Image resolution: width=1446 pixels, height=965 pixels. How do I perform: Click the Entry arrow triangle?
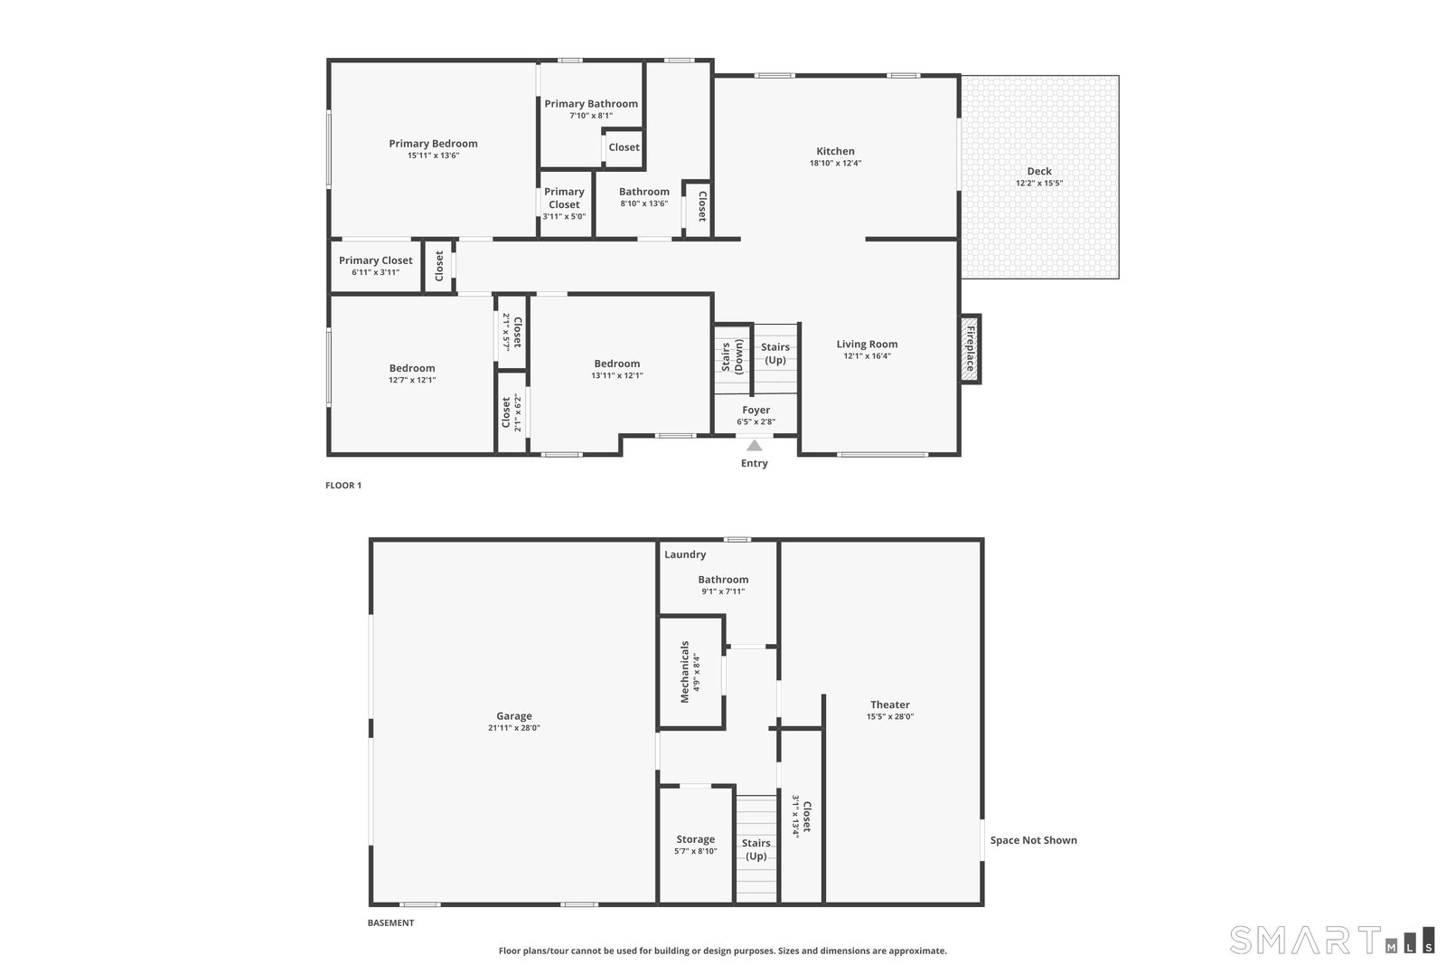point(754,446)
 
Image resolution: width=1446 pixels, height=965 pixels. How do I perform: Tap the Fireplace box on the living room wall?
point(970,349)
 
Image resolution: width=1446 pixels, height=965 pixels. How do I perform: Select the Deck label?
point(1039,171)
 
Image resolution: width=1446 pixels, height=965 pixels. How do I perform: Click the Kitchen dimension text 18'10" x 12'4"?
point(835,164)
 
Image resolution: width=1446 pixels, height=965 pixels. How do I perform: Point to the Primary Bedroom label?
point(433,144)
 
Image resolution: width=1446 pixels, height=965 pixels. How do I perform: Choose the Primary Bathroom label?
point(591,103)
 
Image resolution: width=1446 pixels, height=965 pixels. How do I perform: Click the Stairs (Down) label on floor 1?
point(732,357)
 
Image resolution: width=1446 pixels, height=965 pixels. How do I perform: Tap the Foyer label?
point(756,411)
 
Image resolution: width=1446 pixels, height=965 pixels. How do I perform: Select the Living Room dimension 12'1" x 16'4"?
point(867,356)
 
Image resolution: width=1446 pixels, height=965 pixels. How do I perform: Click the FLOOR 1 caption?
point(343,485)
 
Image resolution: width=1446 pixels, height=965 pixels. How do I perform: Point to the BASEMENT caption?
point(390,922)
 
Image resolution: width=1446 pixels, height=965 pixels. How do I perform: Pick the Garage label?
point(514,715)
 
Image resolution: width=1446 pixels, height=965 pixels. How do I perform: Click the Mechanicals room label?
point(685,672)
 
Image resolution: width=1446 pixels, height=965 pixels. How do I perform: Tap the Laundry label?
point(685,554)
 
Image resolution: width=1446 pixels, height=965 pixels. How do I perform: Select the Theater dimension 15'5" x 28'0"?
point(890,716)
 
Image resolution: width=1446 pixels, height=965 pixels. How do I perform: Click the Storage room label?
point(695,839)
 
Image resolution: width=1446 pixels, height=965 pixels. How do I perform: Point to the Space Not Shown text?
point(1034,839)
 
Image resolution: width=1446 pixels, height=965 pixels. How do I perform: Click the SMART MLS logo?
point(1332,940)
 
